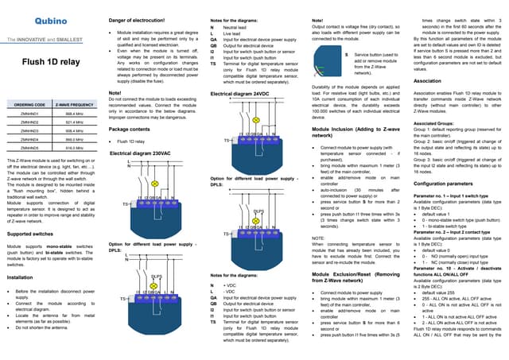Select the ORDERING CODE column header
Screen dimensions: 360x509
(29, 105)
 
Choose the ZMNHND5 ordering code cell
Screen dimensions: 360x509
(29, 148)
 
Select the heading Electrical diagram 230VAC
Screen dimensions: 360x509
(141, 152)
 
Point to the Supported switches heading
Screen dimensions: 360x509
(36, 235)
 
